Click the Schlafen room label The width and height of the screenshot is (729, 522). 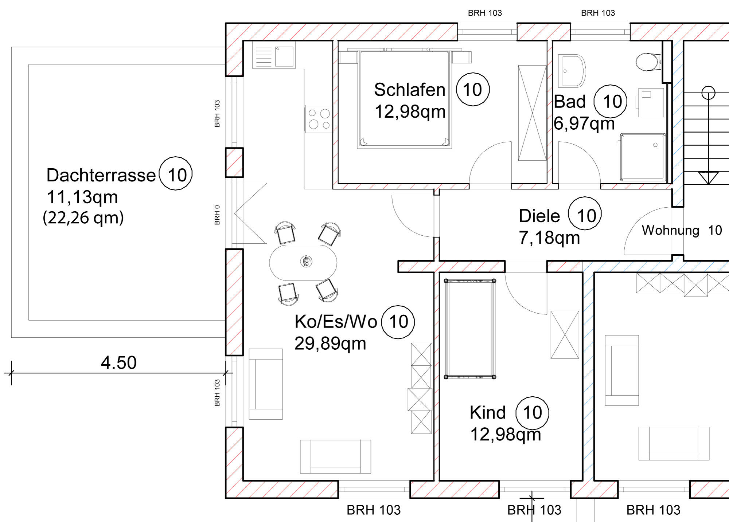[409, 90]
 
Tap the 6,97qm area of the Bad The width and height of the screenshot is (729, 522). [584, 123]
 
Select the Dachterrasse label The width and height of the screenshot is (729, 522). [101, 175]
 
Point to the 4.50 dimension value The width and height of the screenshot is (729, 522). [118, 362]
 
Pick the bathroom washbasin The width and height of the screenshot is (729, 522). [571, 71]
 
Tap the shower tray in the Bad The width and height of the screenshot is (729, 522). [643, 157]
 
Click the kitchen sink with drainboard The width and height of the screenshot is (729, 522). [274, 57]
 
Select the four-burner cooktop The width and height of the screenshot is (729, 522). [319, 119]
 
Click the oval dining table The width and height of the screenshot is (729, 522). [303, 262]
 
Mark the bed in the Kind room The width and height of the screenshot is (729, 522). [470, 329]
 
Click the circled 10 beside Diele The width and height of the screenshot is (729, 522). [585, 216]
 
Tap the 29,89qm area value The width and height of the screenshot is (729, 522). [330, 344]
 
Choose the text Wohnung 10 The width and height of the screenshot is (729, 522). [682, 230]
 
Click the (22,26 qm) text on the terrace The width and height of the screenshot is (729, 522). [83, 218]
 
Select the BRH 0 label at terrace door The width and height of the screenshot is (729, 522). [217, 215]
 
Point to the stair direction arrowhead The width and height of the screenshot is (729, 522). [708, 178]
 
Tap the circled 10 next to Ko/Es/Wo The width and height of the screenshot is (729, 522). [398, 322]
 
